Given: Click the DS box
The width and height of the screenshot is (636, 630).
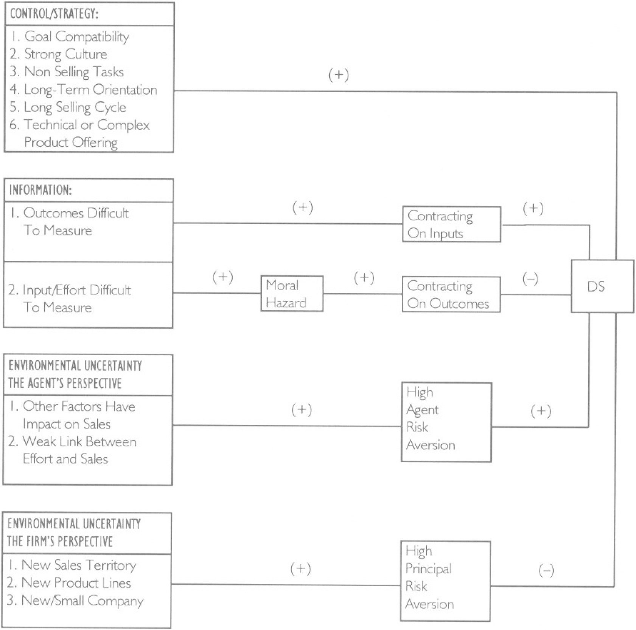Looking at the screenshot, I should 602,286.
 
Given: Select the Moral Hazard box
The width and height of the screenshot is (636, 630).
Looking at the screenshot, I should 292,294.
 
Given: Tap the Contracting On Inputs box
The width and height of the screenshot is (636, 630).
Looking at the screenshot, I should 451,224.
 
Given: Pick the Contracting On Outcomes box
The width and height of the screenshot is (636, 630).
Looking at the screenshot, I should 451,294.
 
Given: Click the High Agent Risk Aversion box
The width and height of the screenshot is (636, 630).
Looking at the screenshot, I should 446,422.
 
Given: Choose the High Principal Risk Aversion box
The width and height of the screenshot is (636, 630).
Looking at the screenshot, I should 445,580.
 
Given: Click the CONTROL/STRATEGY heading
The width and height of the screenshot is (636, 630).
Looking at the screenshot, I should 54,14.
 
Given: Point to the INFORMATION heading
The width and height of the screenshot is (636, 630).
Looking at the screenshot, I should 40,190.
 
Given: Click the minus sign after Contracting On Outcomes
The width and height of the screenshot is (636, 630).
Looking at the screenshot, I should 530,279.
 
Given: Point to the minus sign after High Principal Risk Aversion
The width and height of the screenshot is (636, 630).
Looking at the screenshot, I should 546,570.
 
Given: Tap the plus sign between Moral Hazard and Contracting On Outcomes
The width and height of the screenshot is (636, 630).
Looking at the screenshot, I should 364,277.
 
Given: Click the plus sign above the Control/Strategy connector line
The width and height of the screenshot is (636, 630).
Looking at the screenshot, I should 339,75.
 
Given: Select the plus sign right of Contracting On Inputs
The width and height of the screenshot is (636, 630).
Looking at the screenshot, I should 533,208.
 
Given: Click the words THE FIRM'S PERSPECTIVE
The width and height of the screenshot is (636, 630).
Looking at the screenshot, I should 60,541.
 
